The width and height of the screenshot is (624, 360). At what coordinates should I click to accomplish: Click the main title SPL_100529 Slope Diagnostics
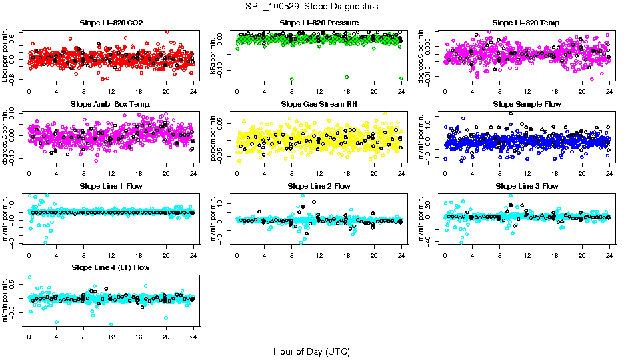312,7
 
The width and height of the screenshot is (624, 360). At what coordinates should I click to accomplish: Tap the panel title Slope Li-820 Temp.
527,23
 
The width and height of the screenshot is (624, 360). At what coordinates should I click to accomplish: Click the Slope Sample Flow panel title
527,105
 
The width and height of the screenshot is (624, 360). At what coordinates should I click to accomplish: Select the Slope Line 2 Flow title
319,186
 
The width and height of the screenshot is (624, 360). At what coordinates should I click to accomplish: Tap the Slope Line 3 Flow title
527,186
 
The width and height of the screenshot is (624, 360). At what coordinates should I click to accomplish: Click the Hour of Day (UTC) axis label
311,351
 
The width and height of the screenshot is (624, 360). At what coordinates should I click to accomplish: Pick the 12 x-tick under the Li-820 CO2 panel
111,91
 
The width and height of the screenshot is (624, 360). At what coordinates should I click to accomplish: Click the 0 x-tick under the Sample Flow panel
445,173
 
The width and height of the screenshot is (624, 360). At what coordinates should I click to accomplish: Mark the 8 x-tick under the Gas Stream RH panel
292,173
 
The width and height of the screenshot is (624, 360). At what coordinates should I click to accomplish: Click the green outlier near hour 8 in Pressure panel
292,79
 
